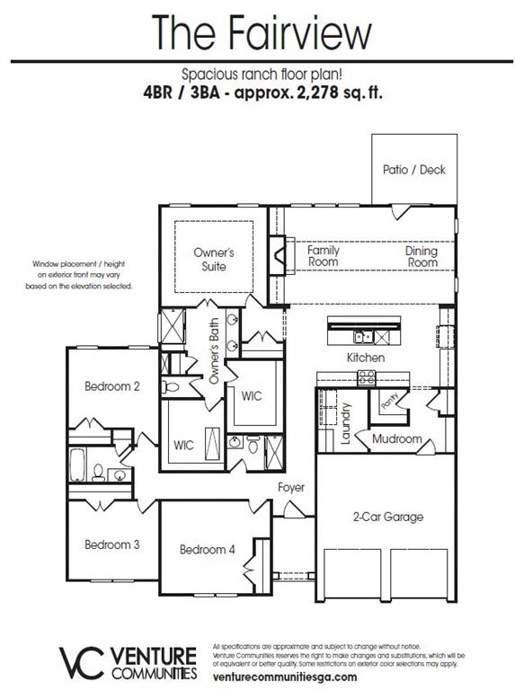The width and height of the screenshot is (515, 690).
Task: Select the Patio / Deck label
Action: point(413,169)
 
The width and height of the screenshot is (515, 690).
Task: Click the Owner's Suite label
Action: point(214,260)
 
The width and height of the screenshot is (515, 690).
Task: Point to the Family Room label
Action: point(324,256)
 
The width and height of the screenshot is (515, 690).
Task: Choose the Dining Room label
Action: point(421,256)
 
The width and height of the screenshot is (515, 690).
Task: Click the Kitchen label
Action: point(366,358)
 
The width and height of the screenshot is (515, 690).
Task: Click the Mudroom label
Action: point(397,439)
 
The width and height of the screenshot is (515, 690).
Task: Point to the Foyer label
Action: point(291,488)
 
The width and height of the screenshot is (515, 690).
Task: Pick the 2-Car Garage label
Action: point(386,517)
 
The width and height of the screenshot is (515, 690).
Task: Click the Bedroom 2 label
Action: point(112,386)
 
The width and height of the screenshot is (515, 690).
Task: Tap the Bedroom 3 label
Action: point(112,544)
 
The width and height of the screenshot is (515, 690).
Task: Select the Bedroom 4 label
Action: point(207,549)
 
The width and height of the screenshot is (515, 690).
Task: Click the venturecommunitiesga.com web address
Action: point(285,677)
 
